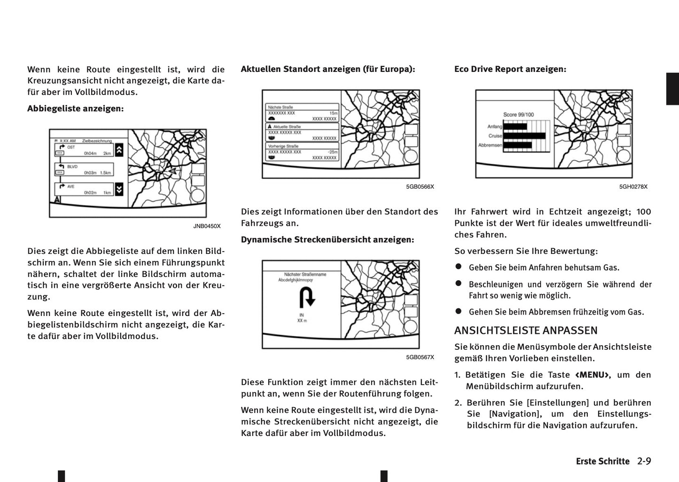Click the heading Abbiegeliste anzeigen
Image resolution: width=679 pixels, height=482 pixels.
(75, 109)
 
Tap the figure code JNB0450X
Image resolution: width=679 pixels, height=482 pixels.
(207, 226)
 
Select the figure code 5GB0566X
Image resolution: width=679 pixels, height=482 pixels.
(420, 187)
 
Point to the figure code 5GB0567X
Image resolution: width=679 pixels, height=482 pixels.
(420, 357)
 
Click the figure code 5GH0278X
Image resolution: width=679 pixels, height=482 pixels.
(633, 187)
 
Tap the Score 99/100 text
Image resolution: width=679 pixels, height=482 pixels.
(518, 115)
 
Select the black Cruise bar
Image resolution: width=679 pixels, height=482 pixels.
(524, 136)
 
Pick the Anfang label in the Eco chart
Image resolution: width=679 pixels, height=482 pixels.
(495, 126)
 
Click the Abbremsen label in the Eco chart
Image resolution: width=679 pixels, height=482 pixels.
(490, 145)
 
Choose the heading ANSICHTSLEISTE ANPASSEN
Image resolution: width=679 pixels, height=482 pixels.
(526, 331)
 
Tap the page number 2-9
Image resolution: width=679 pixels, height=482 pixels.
(644, 461)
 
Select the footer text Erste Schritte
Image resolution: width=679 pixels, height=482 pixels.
(602, 461)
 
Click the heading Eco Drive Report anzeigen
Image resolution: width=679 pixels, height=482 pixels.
(510, 69)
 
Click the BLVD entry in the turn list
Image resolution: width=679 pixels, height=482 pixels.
(72, 166)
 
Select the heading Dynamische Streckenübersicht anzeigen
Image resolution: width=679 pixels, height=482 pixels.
(328, 240)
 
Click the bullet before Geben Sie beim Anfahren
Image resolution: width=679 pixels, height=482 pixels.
(459, 267)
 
